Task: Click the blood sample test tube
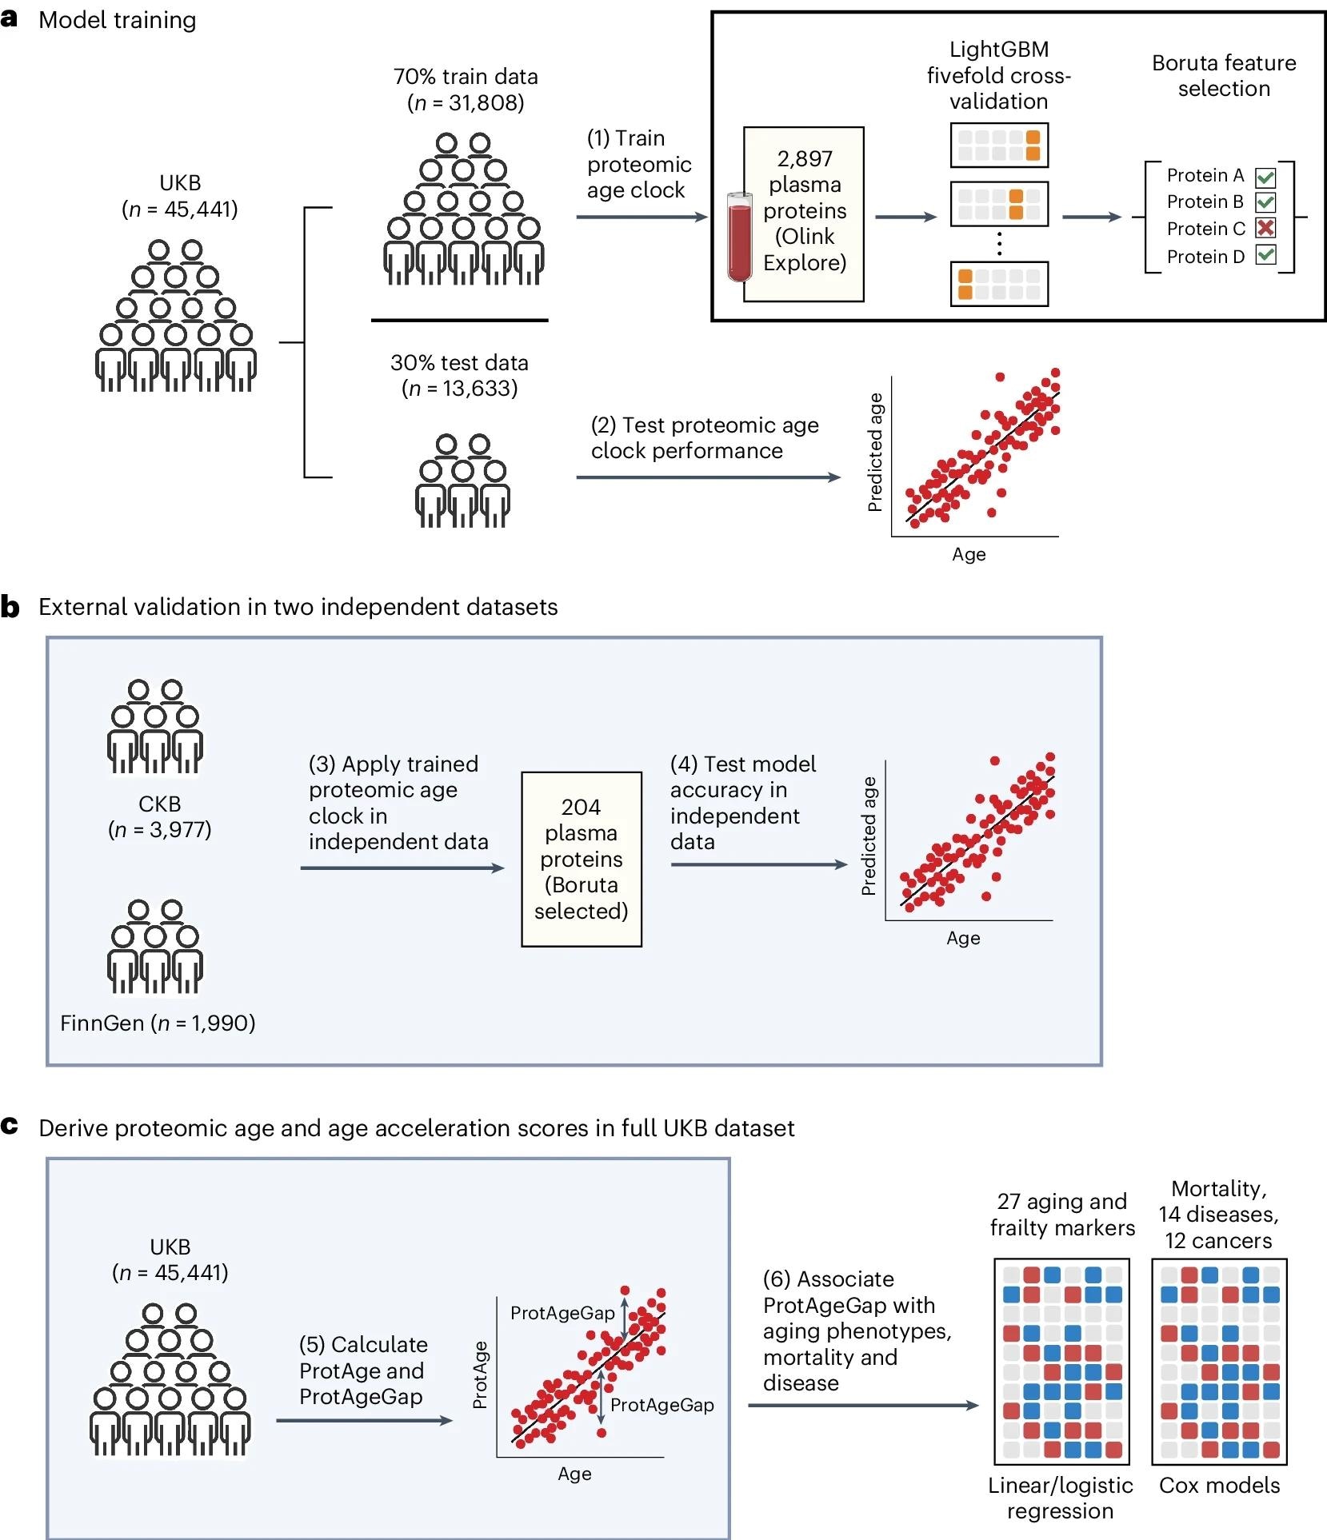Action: pyautogui.click(x=740, y=238)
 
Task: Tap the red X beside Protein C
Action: pyautogui.click(x=1265, y=229)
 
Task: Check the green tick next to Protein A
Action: pyautogui.click(x=1265, y=177)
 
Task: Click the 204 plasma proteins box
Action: pyautogui.click(x=582, y=859)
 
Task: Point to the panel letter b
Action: pyautogui.click(x=10, y=608)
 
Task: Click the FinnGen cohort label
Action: pyautogui.click(x=158, y=1023)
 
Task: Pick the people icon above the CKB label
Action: pyautogui.click(x=155, y=727)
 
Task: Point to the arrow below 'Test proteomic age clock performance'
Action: pyautogui.click(x=708, y=477)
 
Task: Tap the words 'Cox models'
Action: pyautogui.click(x=1219, y=1486)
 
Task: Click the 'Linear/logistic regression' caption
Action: pyautogui.click(x=1060, y=1498)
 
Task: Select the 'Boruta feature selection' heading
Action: pyautogui.click(x=1224, y=76)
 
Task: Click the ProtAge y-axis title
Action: pyautogui.click(x=480, y=1374)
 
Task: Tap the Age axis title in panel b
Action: pyautogui.click(x=963, y=938)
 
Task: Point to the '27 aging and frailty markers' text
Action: pyautogui.click(x=1062, y=1214)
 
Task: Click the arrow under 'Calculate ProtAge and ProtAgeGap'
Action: pyautogui.click(x=365, y=1421)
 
